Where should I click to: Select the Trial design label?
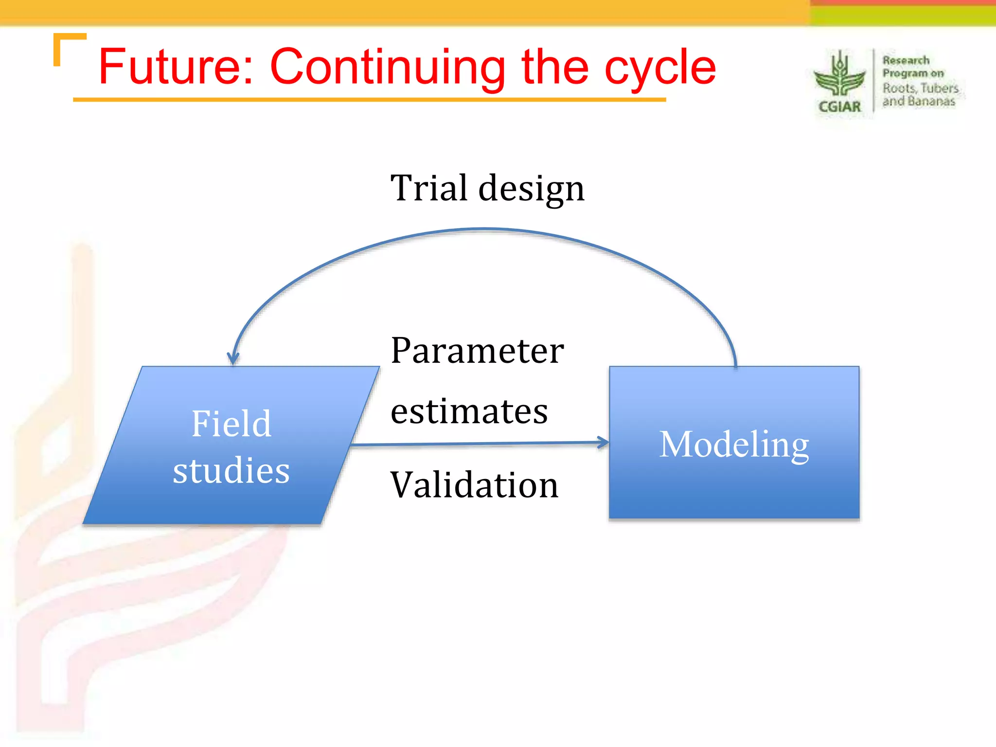(487, 188)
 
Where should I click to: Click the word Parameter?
(477, 351)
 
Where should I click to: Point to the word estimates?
(469, 411)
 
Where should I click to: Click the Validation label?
(475, 485)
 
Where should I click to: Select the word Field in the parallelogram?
(231, 424)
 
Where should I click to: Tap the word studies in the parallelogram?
(231, 470)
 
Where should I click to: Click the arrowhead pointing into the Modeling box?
(604, 442)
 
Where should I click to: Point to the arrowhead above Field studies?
(233, 358)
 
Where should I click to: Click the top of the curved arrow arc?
(484, 229)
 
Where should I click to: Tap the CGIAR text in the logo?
(840, 107)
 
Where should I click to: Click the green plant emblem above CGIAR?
(839, 75)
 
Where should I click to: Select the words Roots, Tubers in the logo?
(920, 88)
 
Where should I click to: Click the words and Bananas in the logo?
(919, 101)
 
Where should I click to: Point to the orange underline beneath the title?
(370, 100)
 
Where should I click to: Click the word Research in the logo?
(906, 60)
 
